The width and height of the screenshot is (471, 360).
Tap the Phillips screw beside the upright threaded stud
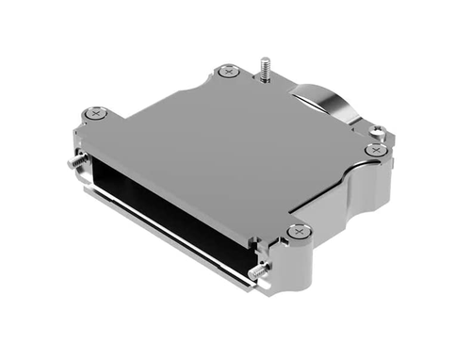(226, 71)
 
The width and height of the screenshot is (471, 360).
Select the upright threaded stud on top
(267, 67)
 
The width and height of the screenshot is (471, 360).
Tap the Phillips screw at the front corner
(298, 231)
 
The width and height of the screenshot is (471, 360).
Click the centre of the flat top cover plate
(226, 151)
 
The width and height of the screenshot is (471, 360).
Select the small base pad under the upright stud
(268, 79)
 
